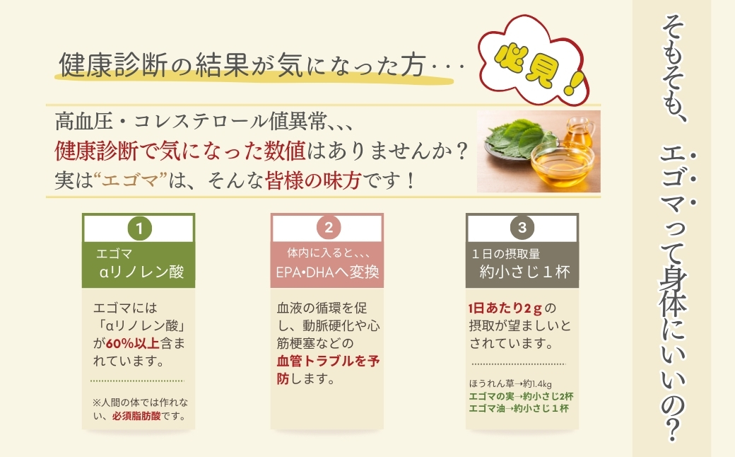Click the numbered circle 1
140,228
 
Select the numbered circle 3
522,228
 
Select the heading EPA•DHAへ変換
327,272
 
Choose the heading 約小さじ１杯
524,272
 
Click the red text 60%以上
128,344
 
